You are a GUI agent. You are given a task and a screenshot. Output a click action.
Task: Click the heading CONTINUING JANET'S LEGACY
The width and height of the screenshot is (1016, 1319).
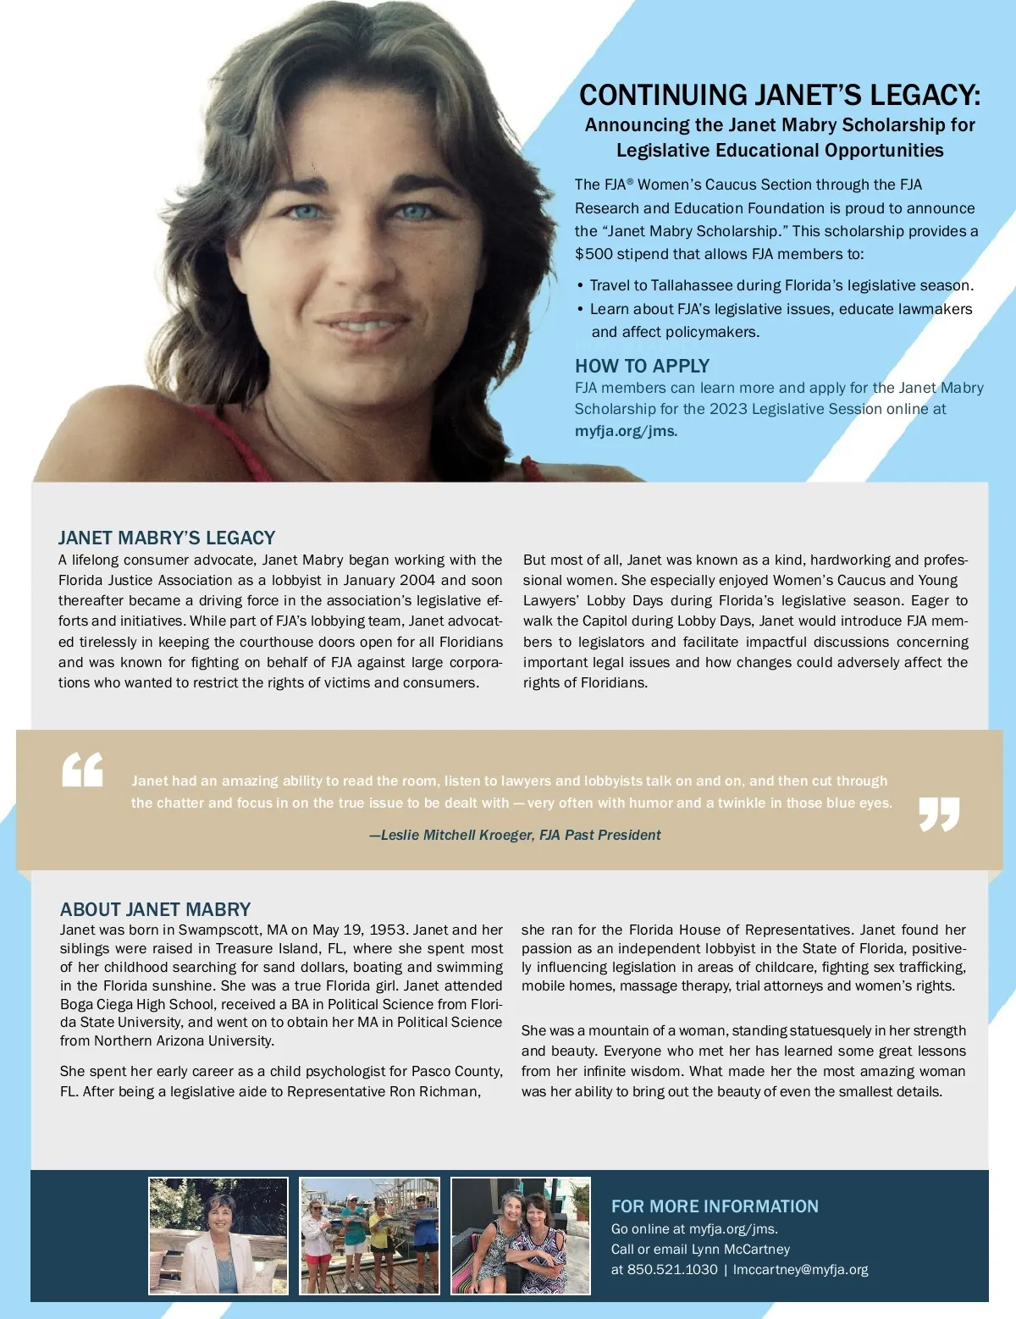779,95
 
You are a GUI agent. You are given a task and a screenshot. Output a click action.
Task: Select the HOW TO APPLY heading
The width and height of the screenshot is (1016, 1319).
642,366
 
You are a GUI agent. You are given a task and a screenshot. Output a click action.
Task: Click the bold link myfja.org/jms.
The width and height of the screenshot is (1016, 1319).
626,431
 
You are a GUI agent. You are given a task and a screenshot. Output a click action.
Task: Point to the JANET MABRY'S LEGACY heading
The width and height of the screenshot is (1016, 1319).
167,538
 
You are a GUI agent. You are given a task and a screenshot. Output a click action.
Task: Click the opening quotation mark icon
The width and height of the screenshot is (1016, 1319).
83,770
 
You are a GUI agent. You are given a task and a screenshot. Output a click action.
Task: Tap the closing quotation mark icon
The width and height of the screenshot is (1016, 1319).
939,814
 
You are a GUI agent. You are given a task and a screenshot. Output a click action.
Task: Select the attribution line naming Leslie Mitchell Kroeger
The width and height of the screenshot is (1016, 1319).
515,835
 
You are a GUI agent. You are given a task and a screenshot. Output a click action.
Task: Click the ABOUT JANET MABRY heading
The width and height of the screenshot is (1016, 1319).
155,909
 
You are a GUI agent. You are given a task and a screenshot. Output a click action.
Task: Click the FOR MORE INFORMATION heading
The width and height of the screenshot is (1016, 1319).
715,1206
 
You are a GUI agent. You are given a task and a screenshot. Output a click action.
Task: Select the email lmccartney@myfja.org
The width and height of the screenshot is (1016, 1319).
800,1270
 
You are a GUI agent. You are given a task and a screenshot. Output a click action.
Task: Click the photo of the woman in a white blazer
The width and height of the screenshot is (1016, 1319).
218,1235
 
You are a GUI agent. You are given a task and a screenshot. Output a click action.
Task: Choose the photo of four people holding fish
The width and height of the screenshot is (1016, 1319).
370,1235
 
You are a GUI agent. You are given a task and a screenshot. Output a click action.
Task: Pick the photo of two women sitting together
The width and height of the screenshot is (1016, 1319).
521,1235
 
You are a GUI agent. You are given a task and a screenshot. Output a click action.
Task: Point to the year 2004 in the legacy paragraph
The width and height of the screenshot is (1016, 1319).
417,581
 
